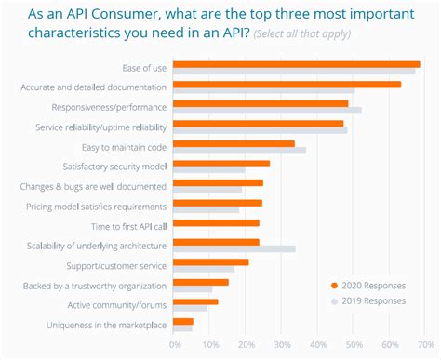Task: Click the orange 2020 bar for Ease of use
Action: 296,64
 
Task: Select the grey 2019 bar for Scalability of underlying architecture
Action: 234,248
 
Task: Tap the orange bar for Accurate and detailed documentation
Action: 287,84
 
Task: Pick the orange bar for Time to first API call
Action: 216,222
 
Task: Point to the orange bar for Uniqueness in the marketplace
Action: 183,321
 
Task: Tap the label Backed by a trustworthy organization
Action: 95,285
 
